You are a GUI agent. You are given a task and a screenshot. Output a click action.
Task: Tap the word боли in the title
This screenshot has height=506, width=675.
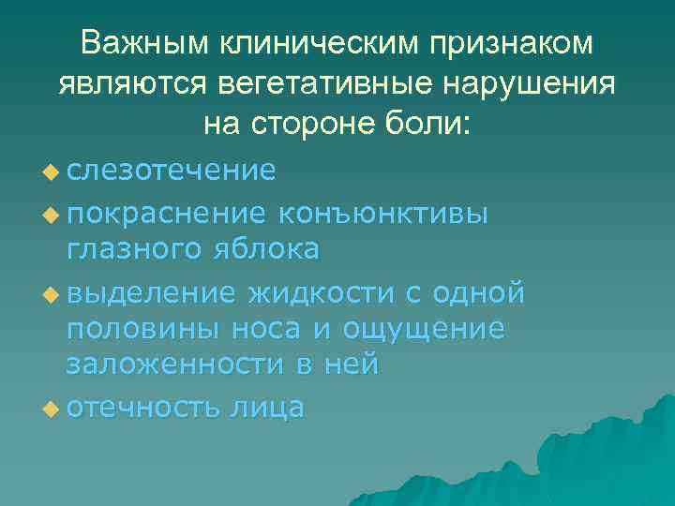(x=432, y=123)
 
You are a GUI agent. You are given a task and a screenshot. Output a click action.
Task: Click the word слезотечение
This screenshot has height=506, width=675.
(x=171, y=170)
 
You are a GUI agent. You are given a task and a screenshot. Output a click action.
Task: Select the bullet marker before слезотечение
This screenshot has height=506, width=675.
(x=50, y=171)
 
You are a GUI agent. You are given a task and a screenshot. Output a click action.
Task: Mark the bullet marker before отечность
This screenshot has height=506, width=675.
(x=50, y=409)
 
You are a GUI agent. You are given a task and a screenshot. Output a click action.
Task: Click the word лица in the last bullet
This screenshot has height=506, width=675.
(x=270, y=408)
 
